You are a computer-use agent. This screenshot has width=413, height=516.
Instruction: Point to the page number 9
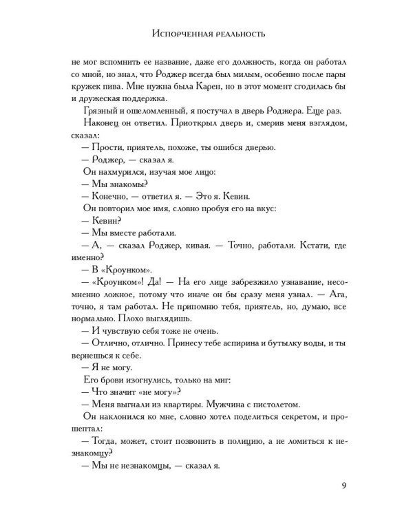tap(343, 488)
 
